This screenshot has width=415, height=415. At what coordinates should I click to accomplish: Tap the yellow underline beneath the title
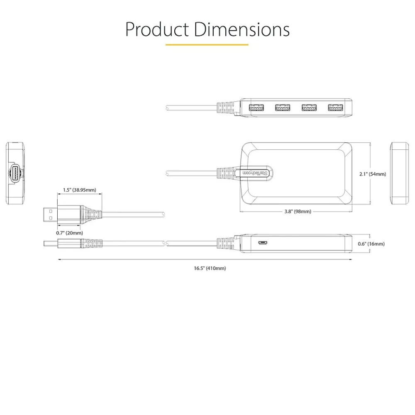tap(207, 44)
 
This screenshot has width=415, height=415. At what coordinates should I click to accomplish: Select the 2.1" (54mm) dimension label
tap(372, 174)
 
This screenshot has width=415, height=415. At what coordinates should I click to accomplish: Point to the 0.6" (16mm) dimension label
tap(371, 244)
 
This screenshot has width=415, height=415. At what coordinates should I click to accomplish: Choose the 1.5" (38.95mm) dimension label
tap(80, 190)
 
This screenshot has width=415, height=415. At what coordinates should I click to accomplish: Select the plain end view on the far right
tap(400, 173)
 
